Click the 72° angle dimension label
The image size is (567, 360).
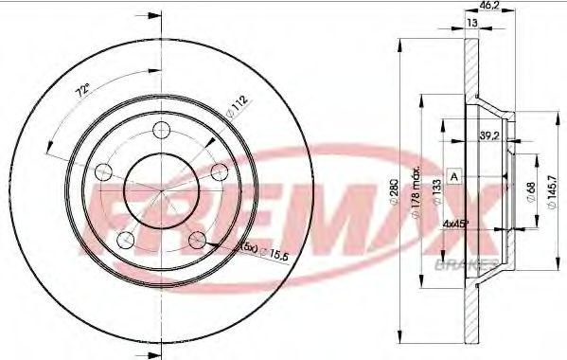pyautogui.click(x=82, y=92)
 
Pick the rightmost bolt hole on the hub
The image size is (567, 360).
pyautogui.click(x=220, y=171)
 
